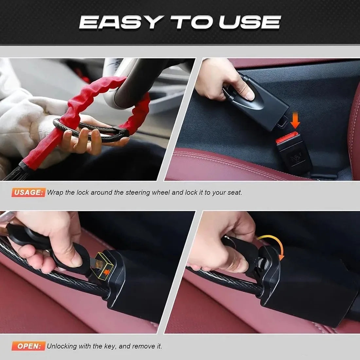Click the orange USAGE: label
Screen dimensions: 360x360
pos(28,192)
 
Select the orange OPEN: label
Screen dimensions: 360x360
pos(28,346)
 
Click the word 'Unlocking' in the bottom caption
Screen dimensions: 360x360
pos(62,346)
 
